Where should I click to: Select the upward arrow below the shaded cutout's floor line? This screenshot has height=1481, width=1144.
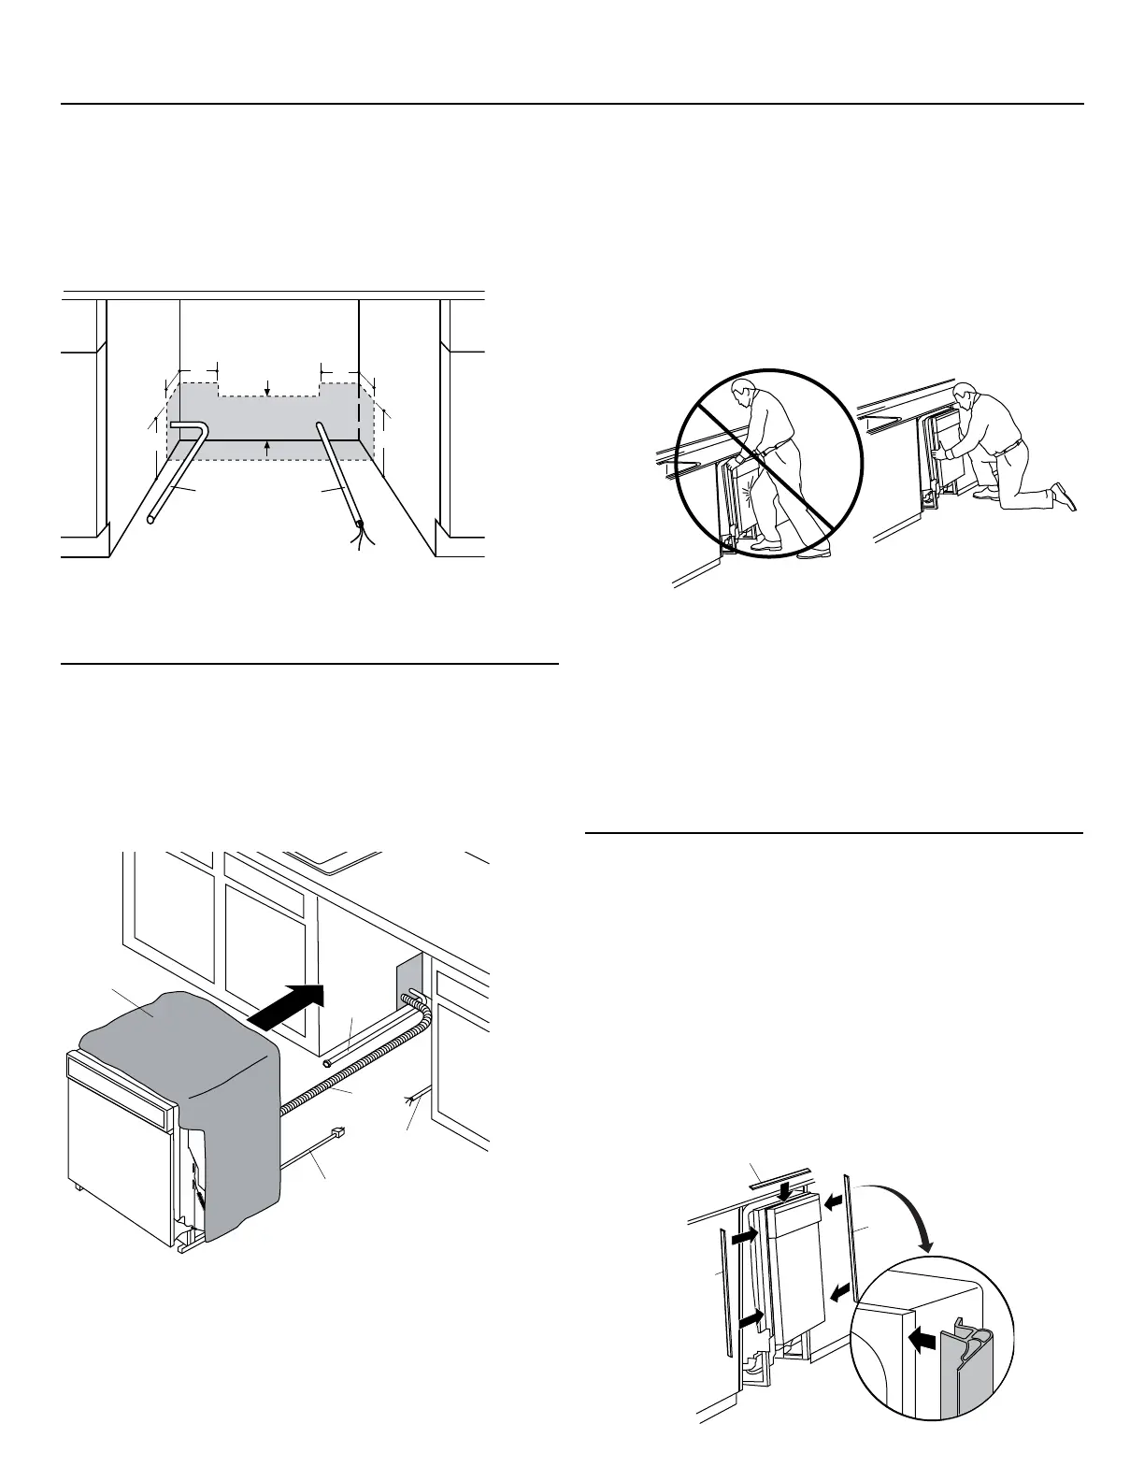click(x=268, y=448)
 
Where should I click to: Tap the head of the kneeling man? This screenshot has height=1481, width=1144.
click(x=965, y=394)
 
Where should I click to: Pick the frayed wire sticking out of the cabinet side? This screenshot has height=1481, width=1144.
click(x=411, y=1100)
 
